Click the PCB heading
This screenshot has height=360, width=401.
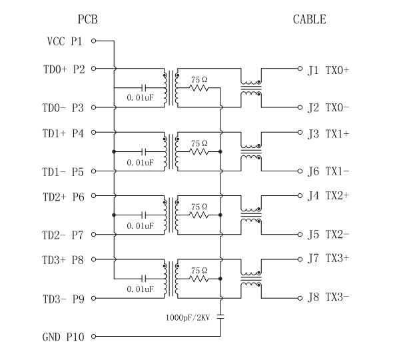pos(88,19)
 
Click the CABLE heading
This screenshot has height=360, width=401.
pos(310,19)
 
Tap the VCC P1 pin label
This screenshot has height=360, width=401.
pos(65,41)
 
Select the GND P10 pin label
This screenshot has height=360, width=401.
pos(63,337)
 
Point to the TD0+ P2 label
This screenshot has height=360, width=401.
pos(63,69)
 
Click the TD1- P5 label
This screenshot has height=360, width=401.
pos(63,172)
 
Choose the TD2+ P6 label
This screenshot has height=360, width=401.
pos(63,197)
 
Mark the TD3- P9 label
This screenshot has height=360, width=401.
pos(63,299)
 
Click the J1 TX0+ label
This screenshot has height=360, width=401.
pos(328,69)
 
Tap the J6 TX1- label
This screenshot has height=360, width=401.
pos(328,171)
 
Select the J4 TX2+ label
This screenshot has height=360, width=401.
pos(328,197)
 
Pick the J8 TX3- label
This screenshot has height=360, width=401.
pos(328,297)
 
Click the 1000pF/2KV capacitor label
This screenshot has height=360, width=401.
pos(189,317)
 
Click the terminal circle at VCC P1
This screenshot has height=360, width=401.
pos(93,41)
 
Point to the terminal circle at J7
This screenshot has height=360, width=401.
pos(300,259)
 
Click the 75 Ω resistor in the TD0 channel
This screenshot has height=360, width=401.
pos(199,88)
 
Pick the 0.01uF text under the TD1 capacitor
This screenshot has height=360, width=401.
pos(140,162)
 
